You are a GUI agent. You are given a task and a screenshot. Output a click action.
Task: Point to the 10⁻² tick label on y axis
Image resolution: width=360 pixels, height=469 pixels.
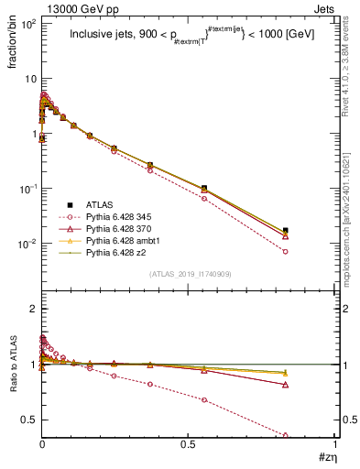(x=27, y=244)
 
